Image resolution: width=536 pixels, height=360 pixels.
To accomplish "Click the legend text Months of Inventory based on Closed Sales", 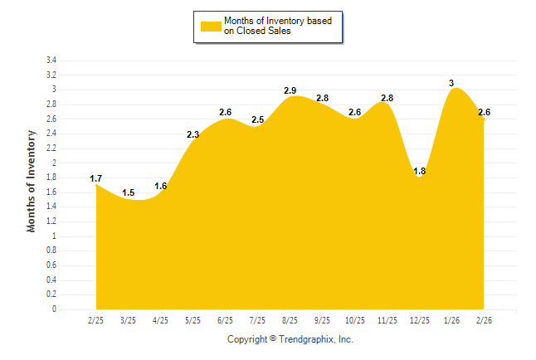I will click(x=270, y=27).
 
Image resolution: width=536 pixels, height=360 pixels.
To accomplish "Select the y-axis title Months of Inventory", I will click(x=32, y=181).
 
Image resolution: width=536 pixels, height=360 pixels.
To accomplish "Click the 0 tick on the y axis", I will click(x=54, y=309).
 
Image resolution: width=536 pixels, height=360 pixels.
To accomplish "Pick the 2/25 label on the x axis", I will click(x=96, y=320).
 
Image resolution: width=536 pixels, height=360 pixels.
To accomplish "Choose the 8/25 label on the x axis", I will click(x=290, y=320).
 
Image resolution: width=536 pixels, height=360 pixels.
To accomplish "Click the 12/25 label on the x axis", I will click(x=419, y=320).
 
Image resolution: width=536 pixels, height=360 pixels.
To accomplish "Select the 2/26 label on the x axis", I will click(x=484, y=320).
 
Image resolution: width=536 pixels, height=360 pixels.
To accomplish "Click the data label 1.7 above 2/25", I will click(x=96, y=178).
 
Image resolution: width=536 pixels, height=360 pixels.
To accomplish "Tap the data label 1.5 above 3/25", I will click(x=129, y=193).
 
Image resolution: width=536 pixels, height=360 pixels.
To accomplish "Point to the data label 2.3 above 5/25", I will click(x=192, y=134).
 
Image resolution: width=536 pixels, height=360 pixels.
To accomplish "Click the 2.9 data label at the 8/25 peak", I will click(x=290, y=90).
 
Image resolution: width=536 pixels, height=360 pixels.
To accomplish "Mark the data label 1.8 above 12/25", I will click(x=419, y=172).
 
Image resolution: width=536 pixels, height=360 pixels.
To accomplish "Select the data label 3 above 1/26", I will click(x=451, y=83).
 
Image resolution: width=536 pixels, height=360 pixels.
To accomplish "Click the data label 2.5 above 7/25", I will click(x=257, y=120).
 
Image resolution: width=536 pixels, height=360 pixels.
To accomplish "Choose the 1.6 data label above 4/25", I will click(x=161, y=186).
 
